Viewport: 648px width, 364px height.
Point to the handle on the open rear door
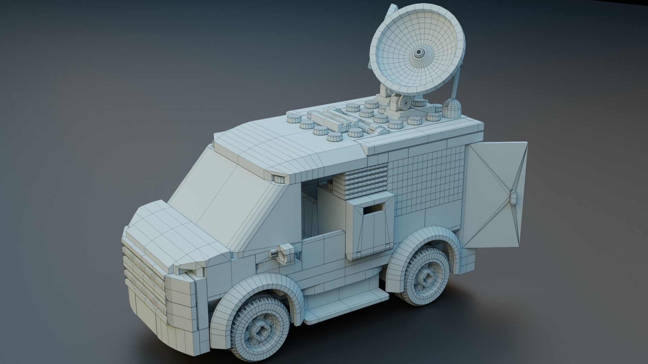514,198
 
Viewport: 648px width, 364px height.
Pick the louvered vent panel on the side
366,182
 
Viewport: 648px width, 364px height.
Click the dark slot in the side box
373,210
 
